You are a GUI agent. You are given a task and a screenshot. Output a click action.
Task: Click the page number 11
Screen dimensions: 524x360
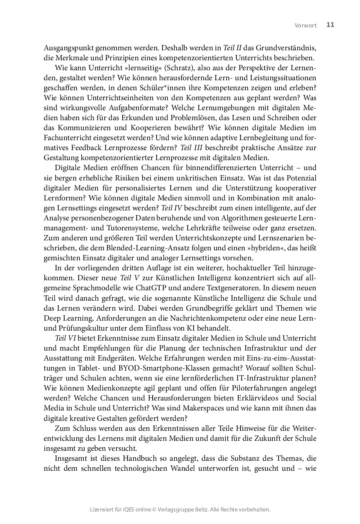pos(330,25)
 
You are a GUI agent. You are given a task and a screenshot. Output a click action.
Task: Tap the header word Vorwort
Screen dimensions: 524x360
pos(306,25)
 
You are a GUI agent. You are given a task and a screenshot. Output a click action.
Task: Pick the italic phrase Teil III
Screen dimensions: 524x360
pos(191,148)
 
